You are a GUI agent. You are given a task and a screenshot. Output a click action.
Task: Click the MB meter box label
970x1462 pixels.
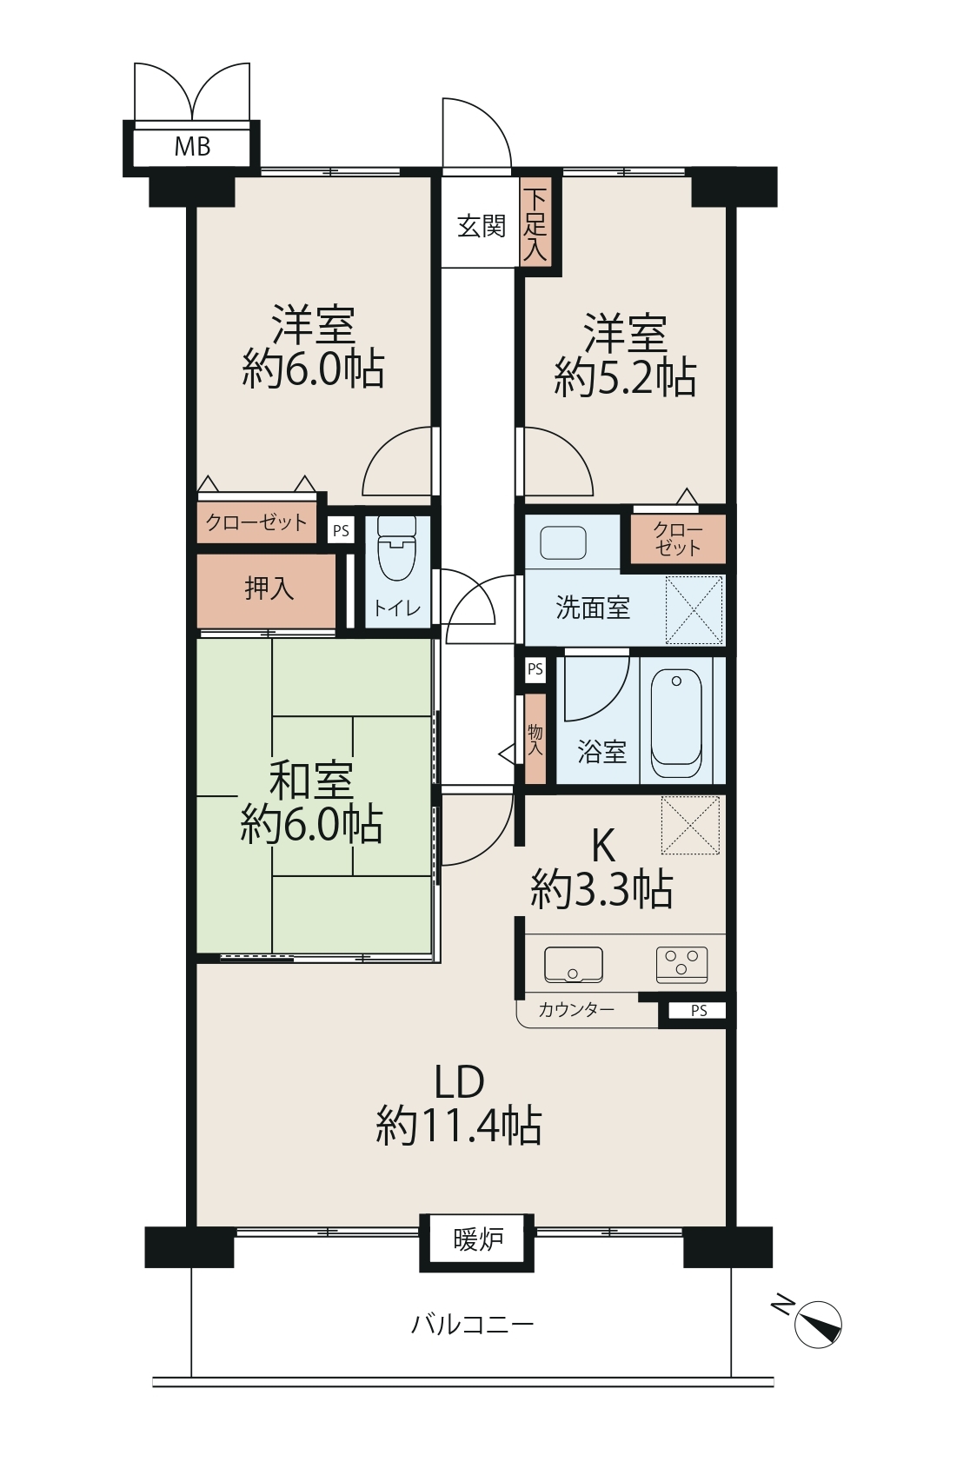coord(192,147)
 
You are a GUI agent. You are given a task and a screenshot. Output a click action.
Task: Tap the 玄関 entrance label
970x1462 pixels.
coord(481,227)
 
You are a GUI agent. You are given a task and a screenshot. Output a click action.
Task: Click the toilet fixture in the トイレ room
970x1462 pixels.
coord(397,548)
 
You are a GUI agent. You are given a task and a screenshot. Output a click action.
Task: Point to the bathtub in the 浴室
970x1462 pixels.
coord(676,722)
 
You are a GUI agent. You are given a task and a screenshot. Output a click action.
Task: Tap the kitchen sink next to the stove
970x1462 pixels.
coord(573,965)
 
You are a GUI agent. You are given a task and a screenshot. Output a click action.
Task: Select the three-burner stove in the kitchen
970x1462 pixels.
coord(681,964)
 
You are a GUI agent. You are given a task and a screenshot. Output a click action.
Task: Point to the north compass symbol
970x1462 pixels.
coord(818,1324)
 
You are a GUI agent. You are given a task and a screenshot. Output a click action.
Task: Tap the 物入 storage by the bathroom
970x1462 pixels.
coord(535,739)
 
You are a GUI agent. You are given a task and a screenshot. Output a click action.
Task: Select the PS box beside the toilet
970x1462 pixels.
coord(341,530)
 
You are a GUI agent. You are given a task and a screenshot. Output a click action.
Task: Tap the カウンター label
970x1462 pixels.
coord(575,1010)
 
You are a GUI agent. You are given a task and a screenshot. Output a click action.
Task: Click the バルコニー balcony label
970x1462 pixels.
coord(472,1325)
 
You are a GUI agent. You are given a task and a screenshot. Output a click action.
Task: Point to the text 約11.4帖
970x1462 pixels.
coord(459,1126)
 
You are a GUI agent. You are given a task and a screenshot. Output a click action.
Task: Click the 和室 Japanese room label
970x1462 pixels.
coord(311,781)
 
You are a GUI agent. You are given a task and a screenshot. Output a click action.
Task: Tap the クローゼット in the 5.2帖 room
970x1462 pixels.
coord(678,540)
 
